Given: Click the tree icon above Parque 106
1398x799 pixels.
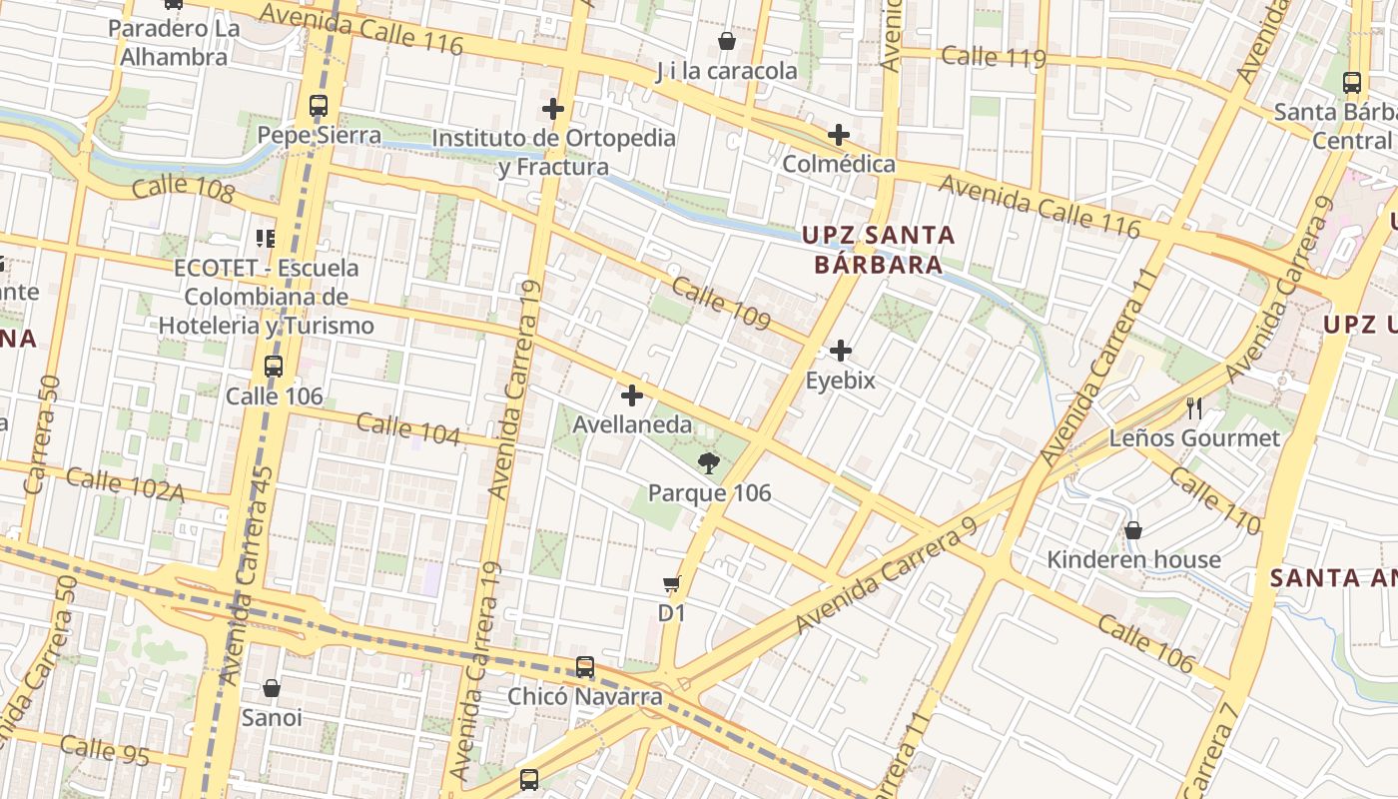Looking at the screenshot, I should pyautogui.click(x=709, y=461).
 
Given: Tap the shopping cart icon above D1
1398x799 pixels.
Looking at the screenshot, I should pyautogui.click(x=672, y=583).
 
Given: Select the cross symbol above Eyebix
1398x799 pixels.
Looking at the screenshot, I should pyautogui.click(x=841, y=351).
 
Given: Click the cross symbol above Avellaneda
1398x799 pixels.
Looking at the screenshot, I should pyautogui.click(x=631, y=395).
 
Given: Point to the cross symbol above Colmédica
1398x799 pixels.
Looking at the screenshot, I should pyautogui.click(x=839, y=134).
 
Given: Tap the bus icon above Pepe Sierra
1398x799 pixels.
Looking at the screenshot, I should pyautogui.click(x=319, y=105).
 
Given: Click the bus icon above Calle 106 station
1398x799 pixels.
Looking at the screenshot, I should pyautogui.click(x=274, y=367).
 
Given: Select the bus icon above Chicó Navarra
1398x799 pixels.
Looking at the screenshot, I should pyautogui.click(x=585, y=666).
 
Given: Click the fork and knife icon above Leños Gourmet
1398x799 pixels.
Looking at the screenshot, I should pyautogui.click(x=1193, y=407).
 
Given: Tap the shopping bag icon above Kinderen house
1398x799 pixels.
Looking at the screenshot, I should pyautogui.click(x=1133, y=529).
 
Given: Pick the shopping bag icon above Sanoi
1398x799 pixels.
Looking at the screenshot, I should pyautogui.click(x=272, y=688).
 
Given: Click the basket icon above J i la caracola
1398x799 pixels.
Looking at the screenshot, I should pyautogui.click(x=727, y=41).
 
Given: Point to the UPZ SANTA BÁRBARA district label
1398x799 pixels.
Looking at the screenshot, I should pyautogui.click(x=879, y=250).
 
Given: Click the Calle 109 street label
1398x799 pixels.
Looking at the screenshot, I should pyautogui.click(x=721, y=304).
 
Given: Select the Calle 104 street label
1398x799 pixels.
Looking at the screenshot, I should pyautogui.click(x=408, y=429).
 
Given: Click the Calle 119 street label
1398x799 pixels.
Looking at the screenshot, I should pyautogui.click(x=994, y=57).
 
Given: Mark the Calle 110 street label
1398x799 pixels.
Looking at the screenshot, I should pyautogui.click(x=1215, y=502).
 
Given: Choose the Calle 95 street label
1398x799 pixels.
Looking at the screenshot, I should pyautogui.click(x=105, y=750).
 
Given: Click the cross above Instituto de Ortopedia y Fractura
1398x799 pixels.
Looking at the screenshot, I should pyautogui.click(x=553, y=108).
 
